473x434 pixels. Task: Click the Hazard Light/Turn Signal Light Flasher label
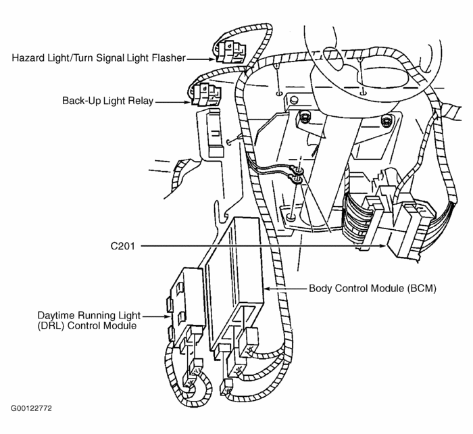98,58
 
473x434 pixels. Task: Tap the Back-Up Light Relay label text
107,101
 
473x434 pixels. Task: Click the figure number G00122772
31,409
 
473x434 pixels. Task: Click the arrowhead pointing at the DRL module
169,314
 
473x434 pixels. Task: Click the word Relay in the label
141,101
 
